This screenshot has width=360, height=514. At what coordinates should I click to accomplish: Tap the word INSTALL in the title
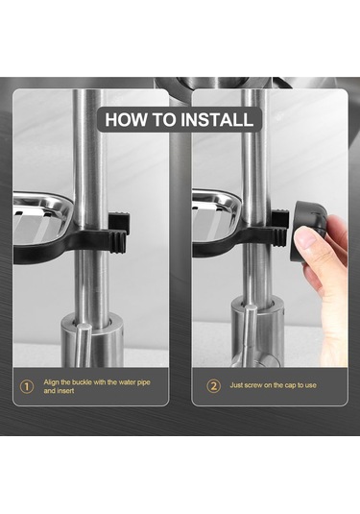pyautogui.click(x=217, y=120)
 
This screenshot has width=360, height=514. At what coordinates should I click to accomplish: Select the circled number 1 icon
pyautogui.click(x=27, y=387)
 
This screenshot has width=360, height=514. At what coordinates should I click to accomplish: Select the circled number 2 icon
pyautogui.click(x=213, y=386)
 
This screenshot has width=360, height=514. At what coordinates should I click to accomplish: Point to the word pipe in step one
pyautogui.click(x=143, y=382)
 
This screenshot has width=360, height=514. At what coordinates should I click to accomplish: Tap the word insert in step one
pyautogui.click(x=66, y=391)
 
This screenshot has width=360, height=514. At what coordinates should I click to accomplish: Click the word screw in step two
pyautogui.click(x=254, y=385)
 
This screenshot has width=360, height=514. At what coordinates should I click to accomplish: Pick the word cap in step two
pyautogui.click(x=290, y=385)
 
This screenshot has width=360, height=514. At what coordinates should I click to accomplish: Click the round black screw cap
pyautogui.click(x=308, y=232)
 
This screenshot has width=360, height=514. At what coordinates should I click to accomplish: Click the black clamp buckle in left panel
pyautogui.click(x=119, y=233)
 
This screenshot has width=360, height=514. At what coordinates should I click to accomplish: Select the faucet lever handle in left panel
pyautogui.click(x=83, y=344)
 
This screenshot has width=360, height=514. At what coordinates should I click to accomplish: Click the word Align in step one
pyautogui.click(x=52, y=382)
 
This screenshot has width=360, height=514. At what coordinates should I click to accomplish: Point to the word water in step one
pyautogui.click(x=127, y=382)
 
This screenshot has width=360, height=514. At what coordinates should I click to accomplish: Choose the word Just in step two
pyautogui.click(x=236, y=385)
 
